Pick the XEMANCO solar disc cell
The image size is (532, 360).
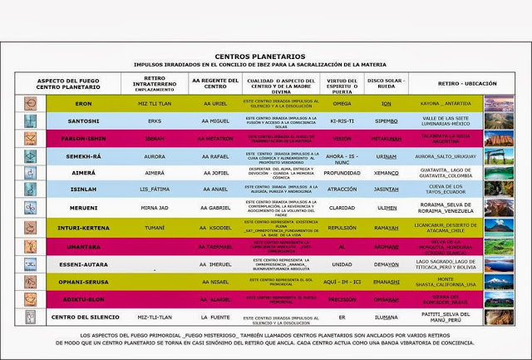click(x=387, y=173)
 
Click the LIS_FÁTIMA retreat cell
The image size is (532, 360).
click(x=155, y=190)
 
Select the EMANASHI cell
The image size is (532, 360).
click(x=387, y=282)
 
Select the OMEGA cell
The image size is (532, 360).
click(x=341, y=104)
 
